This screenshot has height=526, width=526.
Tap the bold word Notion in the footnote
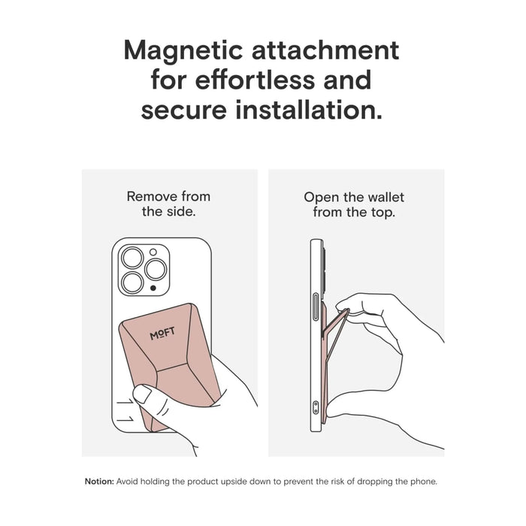click(99, 481)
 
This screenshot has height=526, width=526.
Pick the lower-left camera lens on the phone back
click(133, 283)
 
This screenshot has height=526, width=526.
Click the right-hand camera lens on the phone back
click(157, 271)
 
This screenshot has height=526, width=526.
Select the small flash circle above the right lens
click(153, 252)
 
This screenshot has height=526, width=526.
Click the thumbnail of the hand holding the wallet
click(141, 394)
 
